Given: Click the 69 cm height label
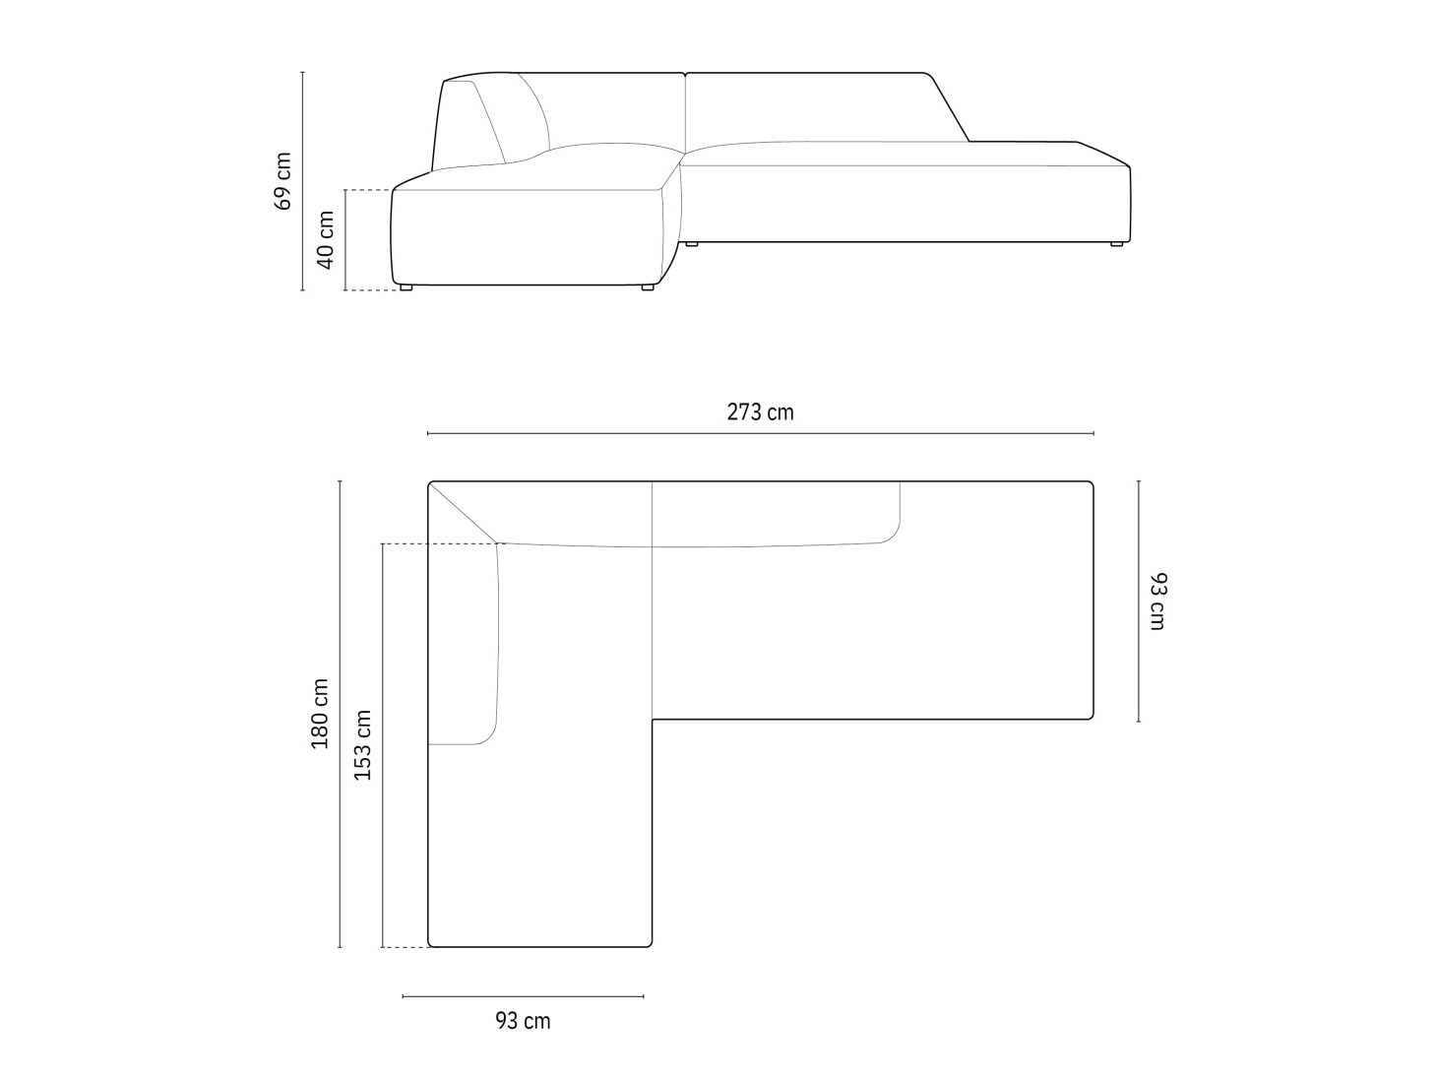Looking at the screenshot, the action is (281, 181).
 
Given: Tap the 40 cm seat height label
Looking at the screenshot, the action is (325, 240).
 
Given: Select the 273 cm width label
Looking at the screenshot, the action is (761, 412).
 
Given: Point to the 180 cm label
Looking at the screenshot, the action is (320, 714).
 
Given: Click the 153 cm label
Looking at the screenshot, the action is (362, 745).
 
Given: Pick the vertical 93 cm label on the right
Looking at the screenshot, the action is (1157, 602).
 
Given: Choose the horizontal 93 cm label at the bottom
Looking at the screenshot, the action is (523, 1021).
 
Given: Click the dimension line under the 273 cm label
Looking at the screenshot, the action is (761, 433).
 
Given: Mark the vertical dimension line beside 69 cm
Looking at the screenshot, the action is (303, 181).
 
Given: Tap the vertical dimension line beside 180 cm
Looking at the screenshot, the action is (340, 714).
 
